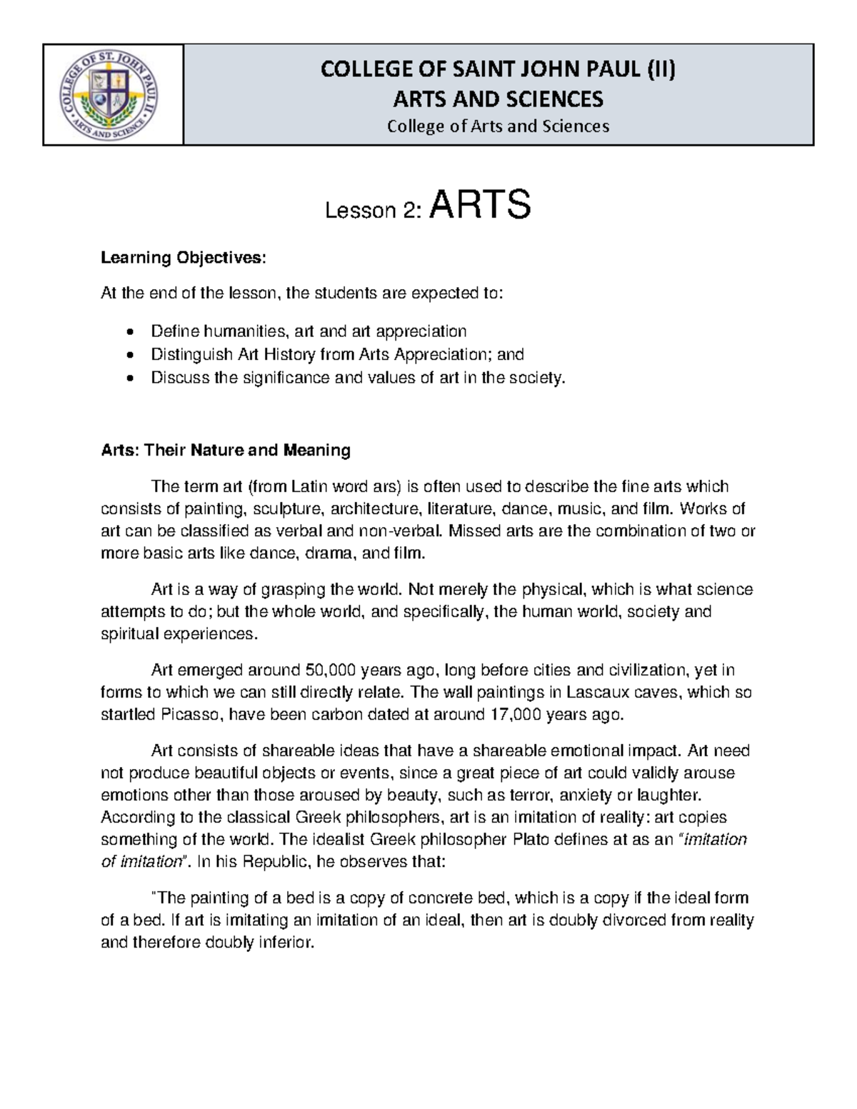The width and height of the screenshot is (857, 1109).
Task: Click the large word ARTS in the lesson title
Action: click(480, 206)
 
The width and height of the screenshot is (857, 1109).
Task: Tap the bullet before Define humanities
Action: click(129, 332)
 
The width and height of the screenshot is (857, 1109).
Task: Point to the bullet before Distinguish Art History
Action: click(129, 355)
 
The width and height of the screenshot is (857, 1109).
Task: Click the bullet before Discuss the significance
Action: click(129, 378)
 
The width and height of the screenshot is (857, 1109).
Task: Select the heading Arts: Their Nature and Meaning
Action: click(226, 451)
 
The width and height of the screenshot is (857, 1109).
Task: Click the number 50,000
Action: click(331, 671)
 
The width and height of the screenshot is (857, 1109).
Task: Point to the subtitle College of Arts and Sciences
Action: click(498, 126)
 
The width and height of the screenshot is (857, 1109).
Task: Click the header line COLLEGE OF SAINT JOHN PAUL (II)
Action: click(498, 69)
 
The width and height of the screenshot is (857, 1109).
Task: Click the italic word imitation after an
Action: click(716, 840)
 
